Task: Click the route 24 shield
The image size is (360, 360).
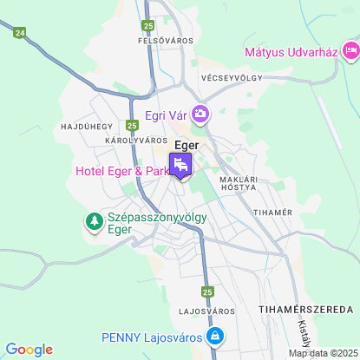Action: pos(21,32)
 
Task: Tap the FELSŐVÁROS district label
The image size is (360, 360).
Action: pos(165,40)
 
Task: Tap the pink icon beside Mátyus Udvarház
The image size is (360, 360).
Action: pos(350,52)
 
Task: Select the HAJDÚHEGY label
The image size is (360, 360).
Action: pos(82,126)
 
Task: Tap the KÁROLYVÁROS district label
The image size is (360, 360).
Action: pos(135,140)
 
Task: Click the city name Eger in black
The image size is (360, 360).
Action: pos(188,145)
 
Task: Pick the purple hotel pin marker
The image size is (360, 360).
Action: pos(180,164)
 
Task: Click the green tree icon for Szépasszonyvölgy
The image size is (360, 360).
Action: pos(93,223)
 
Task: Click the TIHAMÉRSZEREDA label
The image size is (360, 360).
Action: pos(306,310)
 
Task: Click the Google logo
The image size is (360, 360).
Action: pos(29,349)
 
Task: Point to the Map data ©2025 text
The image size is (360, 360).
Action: pos(323,353)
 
